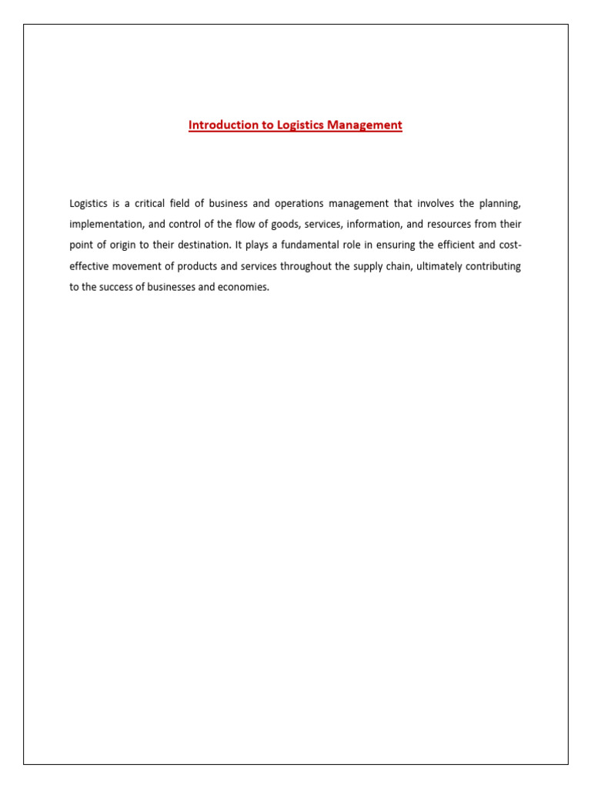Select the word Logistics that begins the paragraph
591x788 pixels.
88,204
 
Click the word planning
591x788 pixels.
500,204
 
